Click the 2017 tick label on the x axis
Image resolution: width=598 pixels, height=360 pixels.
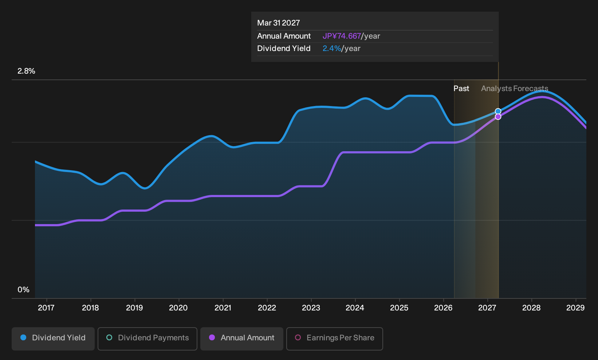click(46, 308)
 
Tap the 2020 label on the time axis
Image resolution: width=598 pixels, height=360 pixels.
click(178, 308)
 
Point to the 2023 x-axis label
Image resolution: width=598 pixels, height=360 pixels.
click(311, 308)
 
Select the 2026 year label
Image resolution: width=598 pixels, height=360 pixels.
click(443, 308)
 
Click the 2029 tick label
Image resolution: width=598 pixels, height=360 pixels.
click(575, 308)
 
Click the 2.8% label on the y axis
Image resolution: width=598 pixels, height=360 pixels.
click(26, 71)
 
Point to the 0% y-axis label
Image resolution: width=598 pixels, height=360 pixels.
click(24, 290)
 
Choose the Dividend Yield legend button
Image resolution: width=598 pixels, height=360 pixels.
click(53, 339)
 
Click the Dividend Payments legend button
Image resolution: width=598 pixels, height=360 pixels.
click(147, 339)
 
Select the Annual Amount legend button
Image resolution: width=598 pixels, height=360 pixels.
click(241, 339)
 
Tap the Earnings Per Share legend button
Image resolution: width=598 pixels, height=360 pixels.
click(334, 339)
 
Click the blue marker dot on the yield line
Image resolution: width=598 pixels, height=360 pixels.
click(498, 111)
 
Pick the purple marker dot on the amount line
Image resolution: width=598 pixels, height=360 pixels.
click(498, 117)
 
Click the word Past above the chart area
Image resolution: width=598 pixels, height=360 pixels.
click(461, 89)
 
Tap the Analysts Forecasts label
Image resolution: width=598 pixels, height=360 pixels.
click(515, 89)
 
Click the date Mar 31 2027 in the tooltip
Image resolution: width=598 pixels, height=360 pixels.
click(279, 23)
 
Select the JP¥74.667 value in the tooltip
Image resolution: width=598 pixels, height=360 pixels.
click(342, 36)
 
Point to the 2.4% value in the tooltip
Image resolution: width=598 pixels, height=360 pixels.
click(332, 48)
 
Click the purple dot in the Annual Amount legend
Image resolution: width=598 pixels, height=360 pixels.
click(212, 337)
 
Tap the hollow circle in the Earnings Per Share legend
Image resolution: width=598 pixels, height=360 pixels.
click(298, 337)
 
